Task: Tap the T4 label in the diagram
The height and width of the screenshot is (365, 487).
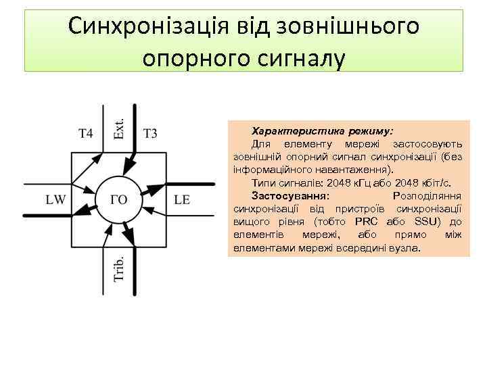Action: click(x=85, y=133)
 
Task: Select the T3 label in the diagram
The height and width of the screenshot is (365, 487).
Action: click(x=150, y=133)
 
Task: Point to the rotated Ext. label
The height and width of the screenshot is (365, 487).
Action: click(x=119, y=126)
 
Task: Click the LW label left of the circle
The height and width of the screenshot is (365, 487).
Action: click(x=55, y=200)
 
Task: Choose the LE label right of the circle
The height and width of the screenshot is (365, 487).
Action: click(x=182, y=200)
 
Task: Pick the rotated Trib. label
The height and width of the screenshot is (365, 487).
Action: click(x=119, y=269)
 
